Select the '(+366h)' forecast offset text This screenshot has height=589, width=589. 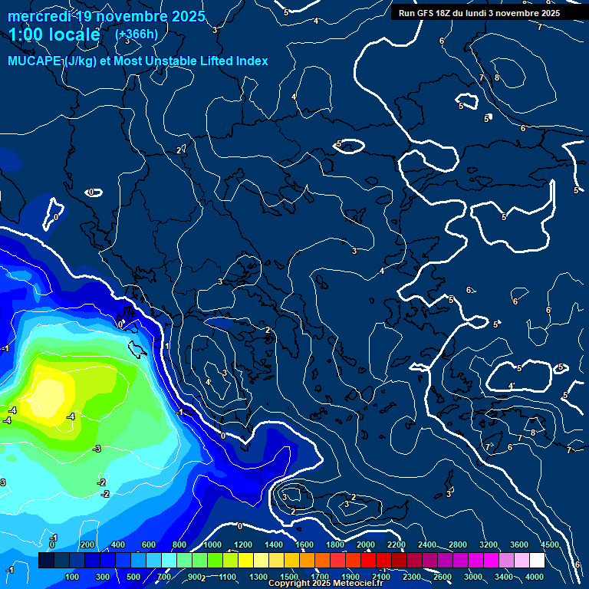136,35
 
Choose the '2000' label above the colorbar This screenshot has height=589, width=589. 365,545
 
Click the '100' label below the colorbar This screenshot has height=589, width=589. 73,577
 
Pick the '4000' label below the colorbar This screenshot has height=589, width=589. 535,577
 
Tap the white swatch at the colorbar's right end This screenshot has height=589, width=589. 537,561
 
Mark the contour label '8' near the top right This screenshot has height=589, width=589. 497,77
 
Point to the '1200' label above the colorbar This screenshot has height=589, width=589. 242,545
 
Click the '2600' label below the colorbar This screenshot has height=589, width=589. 443,577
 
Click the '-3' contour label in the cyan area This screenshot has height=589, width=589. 97,449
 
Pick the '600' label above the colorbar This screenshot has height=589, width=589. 149,545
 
